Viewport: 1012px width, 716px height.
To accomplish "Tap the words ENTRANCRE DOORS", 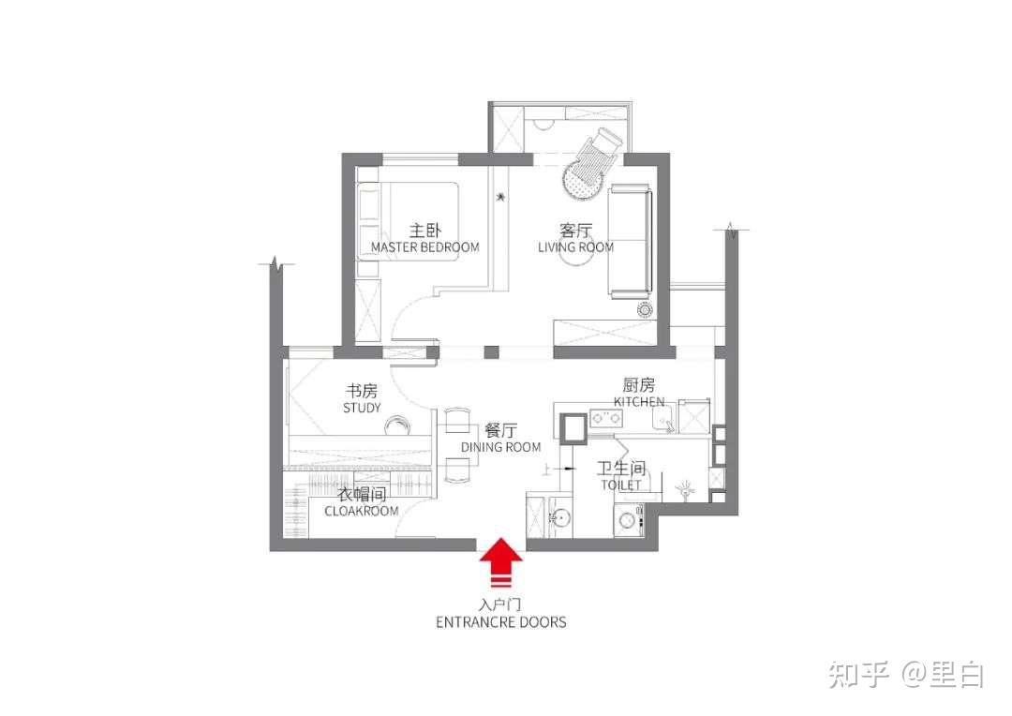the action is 500,622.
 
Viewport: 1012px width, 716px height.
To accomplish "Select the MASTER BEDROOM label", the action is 424,247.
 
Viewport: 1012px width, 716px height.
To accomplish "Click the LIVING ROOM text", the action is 575,247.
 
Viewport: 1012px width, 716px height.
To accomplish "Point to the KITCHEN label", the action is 639,402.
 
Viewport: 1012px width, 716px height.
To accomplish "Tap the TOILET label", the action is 621,485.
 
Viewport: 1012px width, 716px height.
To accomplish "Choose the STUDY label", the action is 362,408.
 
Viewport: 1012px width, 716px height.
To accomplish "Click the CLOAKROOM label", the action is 362,512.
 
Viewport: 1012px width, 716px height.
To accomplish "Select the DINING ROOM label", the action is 500,447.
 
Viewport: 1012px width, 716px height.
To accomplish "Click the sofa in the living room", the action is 630,241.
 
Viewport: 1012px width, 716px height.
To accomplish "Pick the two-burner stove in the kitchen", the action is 606,418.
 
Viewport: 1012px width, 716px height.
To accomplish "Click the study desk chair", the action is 398,425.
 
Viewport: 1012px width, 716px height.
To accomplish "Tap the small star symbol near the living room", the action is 500,196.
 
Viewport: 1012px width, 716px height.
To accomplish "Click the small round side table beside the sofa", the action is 645,310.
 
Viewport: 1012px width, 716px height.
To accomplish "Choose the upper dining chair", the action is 457,420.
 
